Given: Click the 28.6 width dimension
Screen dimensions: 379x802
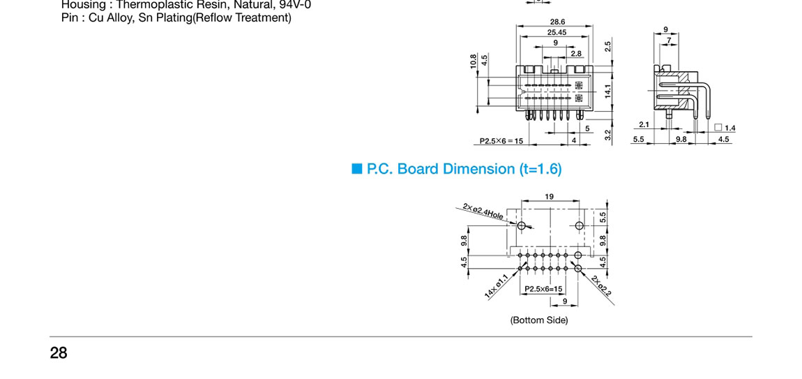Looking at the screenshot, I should click(x=557, y=22).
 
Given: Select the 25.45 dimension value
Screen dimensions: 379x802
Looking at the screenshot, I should click(x=557, y=32).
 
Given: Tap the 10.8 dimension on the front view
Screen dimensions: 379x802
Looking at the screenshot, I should click(x=474, y=61).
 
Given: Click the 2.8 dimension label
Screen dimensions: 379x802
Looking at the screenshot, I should click(x=576, y=53).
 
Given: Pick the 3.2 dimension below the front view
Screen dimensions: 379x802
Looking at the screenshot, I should click(x=608, y=135).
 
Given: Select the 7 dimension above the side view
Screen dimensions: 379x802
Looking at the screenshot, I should click(x=669, y=40).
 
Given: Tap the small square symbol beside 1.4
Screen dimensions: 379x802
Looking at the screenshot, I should click(x=718, y=128).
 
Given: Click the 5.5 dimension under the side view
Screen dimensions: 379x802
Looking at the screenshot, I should click(x=638, y=139).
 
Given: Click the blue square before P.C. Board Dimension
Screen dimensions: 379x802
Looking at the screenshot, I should click(x=358, y=169).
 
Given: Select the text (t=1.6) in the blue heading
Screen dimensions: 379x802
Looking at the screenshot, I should click(x=540, y=169).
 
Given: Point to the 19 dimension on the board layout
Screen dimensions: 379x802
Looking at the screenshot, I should click(x=550, y=197).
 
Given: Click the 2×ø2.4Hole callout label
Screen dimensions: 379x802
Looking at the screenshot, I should click(x=483, y=211).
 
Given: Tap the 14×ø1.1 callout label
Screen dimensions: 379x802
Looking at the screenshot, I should click(x=497, y=286).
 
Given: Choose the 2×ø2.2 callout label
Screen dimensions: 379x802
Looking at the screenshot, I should click(x=601, y=285).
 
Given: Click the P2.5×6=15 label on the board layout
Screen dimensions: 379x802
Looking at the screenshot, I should click(x=543, y=288).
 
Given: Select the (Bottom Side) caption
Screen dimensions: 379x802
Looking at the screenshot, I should click(x=539, y=320).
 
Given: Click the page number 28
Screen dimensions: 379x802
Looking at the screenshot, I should click(x=59, y=353).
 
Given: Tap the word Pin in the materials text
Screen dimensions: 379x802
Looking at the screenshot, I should click(x=70, y=17).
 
